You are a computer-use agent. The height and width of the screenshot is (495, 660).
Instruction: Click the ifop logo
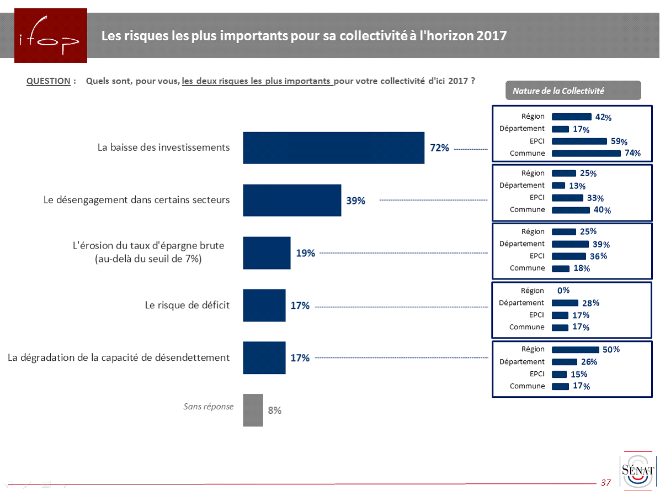click(51, 35)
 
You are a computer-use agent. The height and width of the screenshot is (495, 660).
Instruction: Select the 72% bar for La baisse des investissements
click(333, 148)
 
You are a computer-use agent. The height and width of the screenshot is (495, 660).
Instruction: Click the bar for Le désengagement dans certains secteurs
click(292, 201)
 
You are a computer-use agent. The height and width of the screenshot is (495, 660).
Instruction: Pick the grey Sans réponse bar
click(253, 410)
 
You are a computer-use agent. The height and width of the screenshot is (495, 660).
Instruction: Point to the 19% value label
click(306, 253)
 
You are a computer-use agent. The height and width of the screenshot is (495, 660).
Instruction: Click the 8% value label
click(275, 410)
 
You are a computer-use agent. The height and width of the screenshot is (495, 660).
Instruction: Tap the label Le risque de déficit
click(187, 305)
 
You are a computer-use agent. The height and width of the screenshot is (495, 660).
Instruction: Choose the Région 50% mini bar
click(575, 350)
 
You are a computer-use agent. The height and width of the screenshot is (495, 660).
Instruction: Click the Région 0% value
click(563, 291)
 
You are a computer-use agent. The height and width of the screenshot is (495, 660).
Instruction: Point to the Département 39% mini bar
click(570, 244)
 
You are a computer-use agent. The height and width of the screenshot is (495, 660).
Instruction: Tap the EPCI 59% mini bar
click(579, 141)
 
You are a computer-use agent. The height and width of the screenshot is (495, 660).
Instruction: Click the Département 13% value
click(577, 186)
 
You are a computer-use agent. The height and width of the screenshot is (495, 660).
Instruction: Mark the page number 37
click(606, 482)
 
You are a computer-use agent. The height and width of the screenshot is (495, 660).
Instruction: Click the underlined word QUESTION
click(49, 81)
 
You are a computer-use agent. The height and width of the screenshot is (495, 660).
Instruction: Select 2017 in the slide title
click(491, 36)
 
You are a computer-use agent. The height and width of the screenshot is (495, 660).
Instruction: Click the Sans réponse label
click(208, 407)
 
